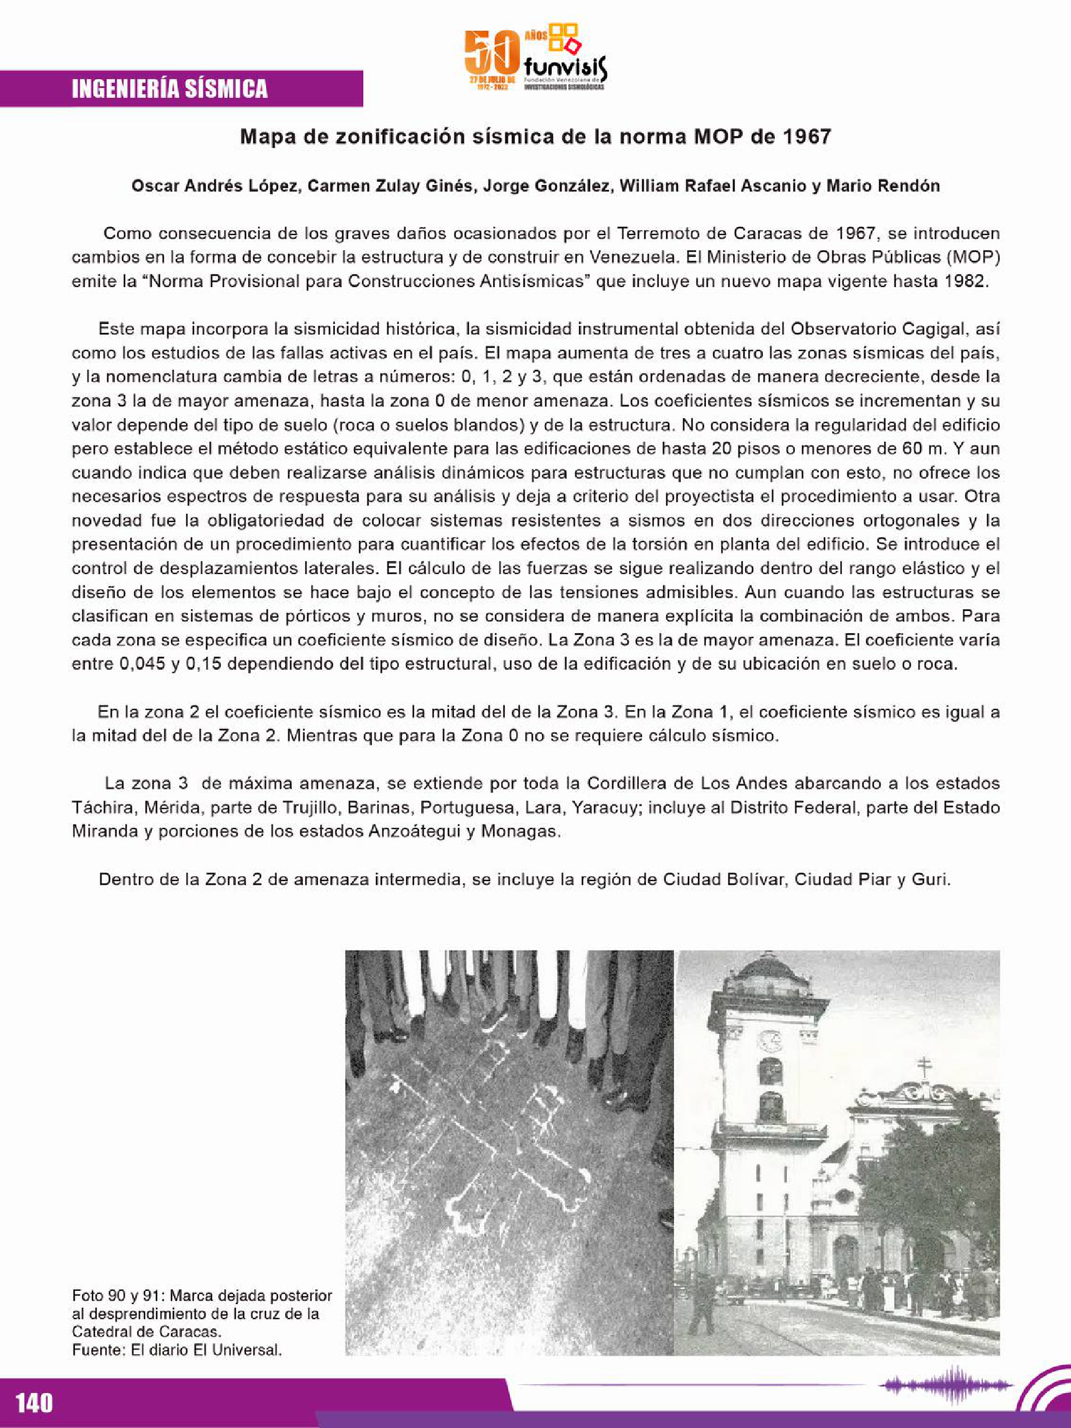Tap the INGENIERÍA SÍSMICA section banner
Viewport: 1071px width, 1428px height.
point(170,88)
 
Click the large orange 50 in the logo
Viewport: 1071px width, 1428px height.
point(493,54)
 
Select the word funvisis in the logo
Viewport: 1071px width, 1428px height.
point(565,66)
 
